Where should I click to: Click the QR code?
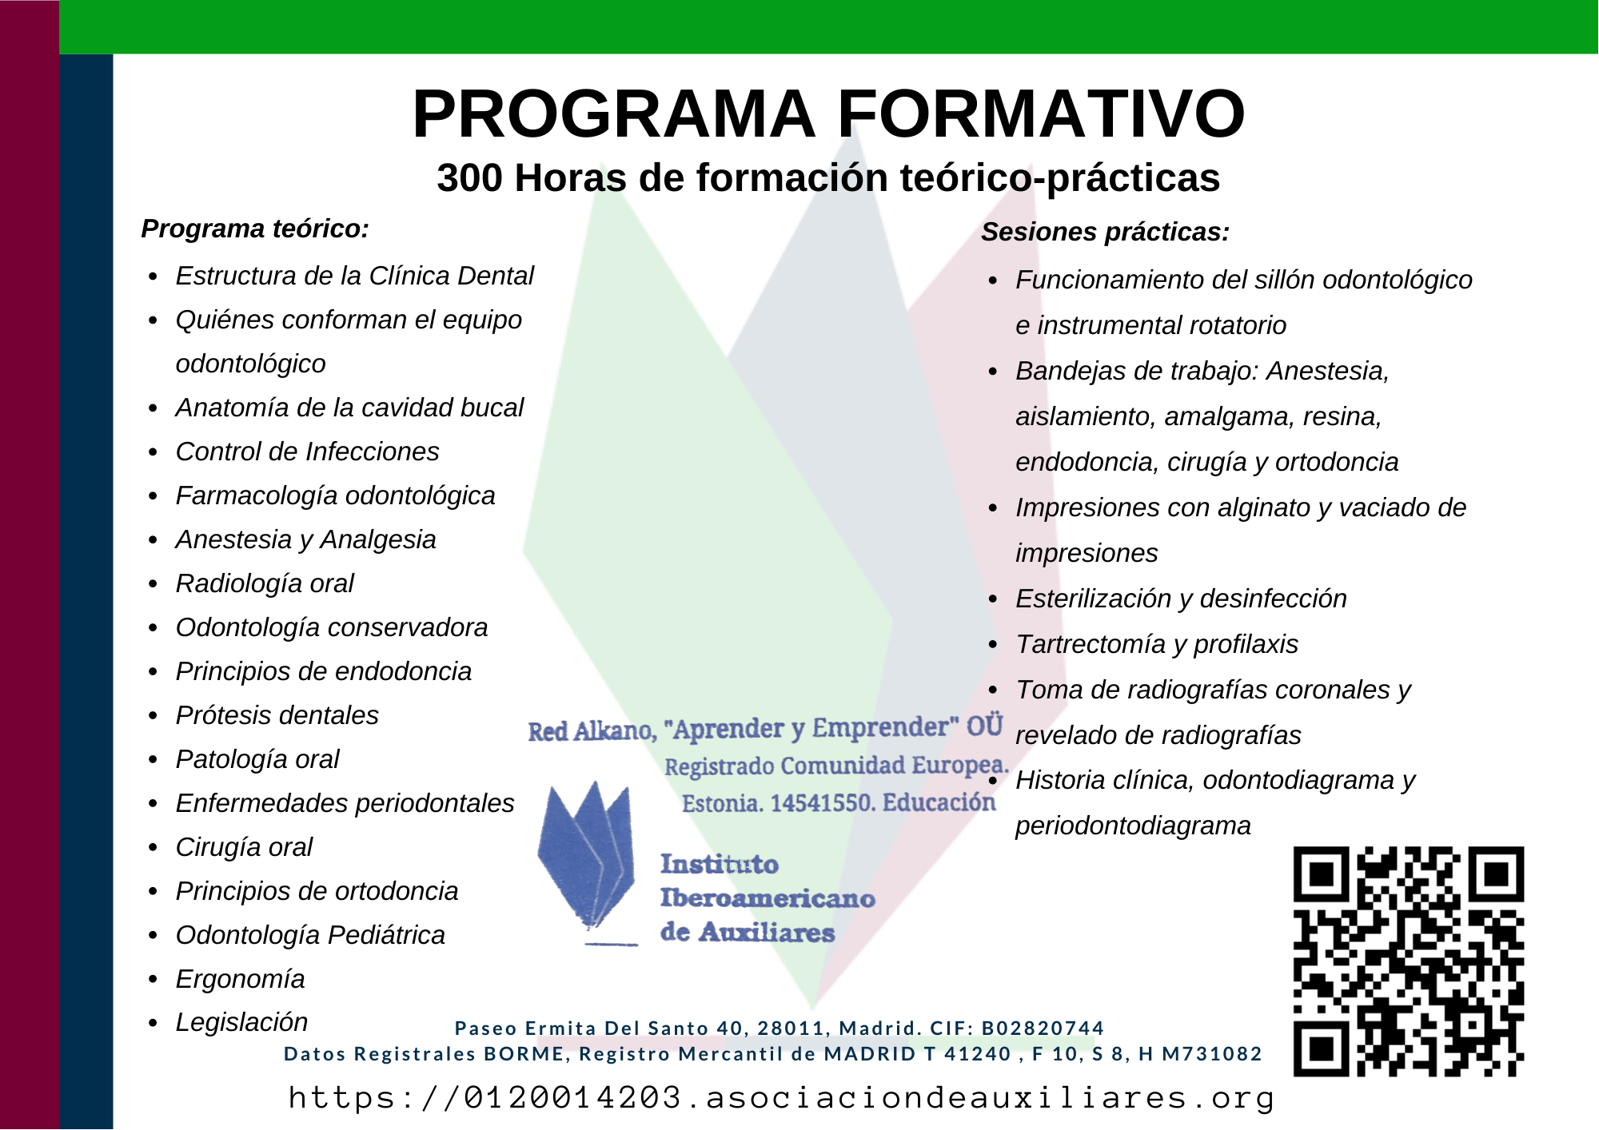point(1409,961)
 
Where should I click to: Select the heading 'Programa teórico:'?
point(255,229)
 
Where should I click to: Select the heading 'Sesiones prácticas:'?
point(1105,232)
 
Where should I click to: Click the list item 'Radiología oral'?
point(265,583)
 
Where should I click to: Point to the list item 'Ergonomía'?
point(241,979)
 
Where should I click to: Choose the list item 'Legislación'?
point(241,1022)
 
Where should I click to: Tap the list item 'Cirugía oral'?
point(244,847)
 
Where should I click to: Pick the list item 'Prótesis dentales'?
point(277,715)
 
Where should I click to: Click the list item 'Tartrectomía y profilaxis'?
point(1157,644)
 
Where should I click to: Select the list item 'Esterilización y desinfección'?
point(1181,599)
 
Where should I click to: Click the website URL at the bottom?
point(781,1097)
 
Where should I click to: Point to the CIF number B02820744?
point(1043,1028)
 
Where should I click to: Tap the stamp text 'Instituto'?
point(720,864)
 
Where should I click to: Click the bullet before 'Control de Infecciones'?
point(154,453)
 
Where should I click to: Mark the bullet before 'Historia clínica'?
point(994,782)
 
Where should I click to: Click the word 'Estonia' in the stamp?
point(721,803)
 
